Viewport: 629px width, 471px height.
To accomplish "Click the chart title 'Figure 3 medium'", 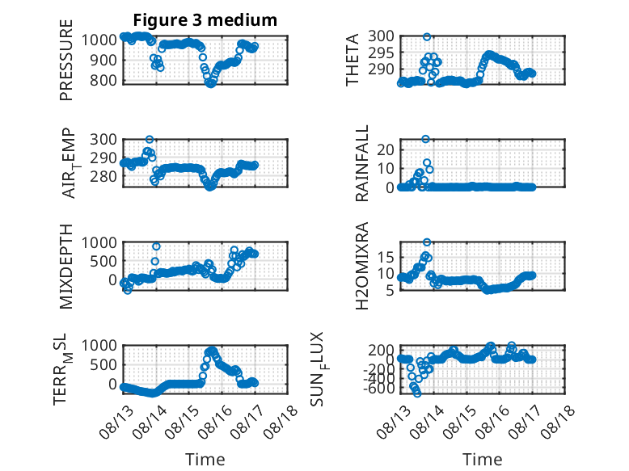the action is (x=205, y=20).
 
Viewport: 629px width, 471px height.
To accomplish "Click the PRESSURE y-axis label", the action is (x=66, y=60).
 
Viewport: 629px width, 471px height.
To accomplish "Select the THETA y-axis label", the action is (x=352, y=60).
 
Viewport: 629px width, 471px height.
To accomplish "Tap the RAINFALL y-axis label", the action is (x=362, y=163).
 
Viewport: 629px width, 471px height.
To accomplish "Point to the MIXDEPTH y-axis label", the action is (x=66, y=267).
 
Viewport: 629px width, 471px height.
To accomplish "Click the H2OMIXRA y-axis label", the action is (x=362, y=266).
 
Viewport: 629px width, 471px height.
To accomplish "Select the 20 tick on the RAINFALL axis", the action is (x=386, y=149).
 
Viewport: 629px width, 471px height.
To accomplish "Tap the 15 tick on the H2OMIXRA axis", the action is (x=386, y=257).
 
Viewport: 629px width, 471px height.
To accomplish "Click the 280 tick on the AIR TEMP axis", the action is (x=103, y=176).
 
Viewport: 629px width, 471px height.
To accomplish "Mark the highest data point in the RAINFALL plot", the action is (x=425, y=139).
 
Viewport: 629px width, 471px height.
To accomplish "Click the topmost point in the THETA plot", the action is (x=427, y=37).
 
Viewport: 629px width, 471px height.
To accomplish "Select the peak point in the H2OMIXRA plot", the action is (x=427, y=242).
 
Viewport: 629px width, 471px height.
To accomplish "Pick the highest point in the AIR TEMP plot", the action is (x=150, y=140).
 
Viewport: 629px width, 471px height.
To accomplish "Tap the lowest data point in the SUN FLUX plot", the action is (x=417, y=393).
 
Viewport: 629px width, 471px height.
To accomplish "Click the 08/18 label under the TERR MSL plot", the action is (x=282, y=421).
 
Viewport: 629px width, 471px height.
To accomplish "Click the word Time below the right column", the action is (x=482, y=459).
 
